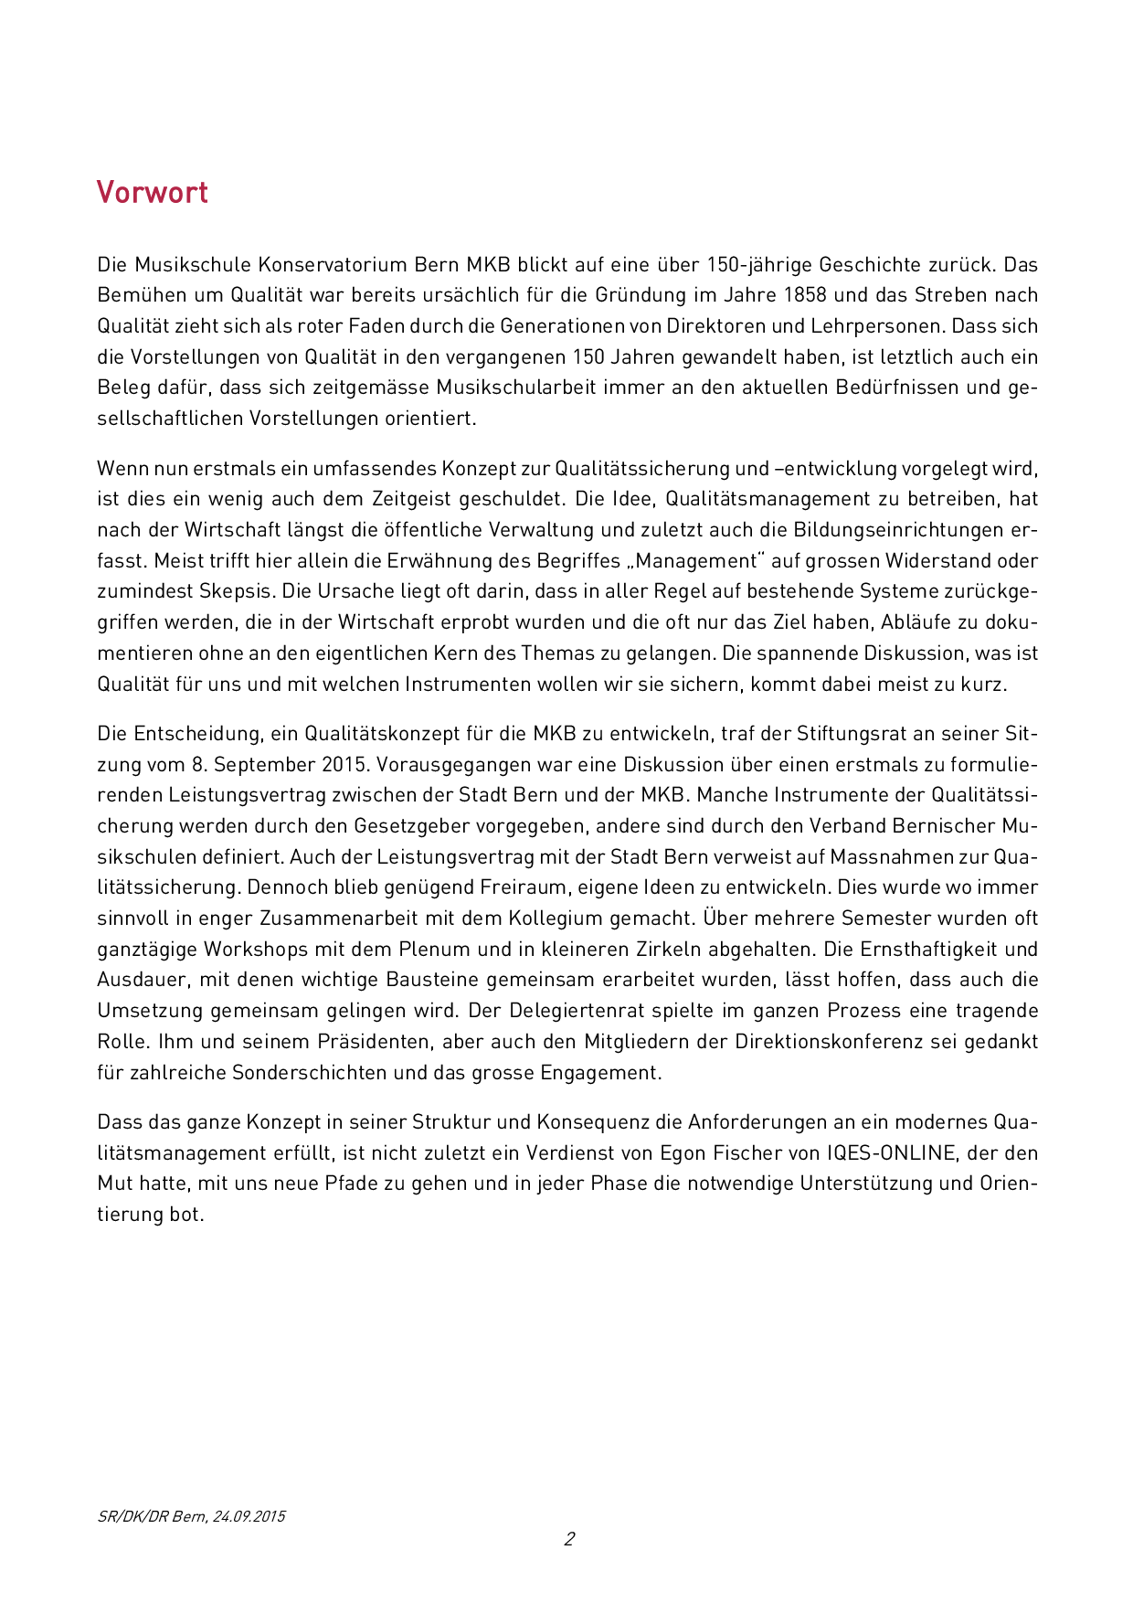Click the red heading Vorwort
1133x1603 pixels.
[153, 192]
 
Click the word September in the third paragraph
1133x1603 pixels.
[265, 764]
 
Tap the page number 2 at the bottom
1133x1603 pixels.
[569, 1538]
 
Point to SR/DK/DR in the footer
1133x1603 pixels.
[132, 1516]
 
